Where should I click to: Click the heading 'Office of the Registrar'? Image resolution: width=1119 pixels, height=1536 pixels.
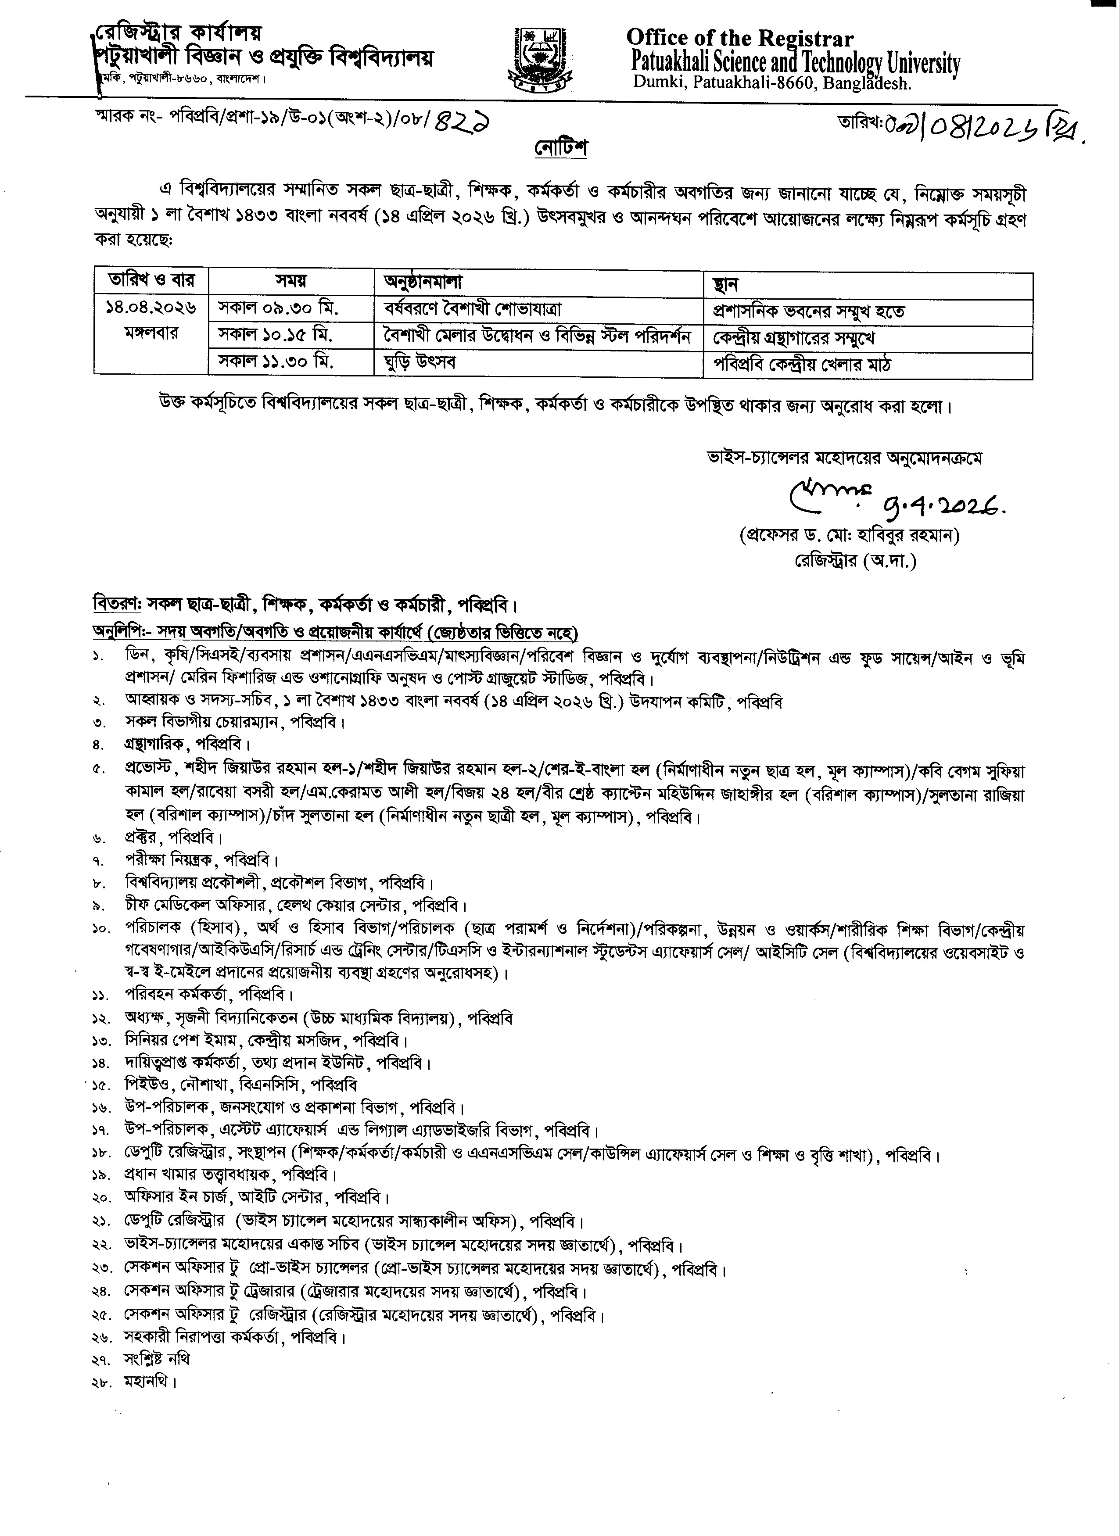click(x=740, y=38)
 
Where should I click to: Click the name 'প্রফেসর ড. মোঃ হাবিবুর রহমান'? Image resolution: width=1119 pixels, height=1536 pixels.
click(x=850, y=536)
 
